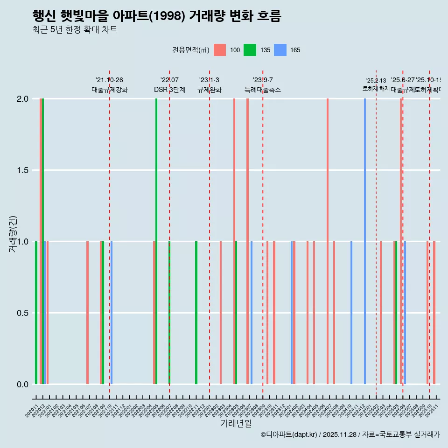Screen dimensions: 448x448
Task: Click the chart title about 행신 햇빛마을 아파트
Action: [157, 16]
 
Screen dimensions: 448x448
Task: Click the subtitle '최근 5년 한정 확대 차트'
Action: [75, 30]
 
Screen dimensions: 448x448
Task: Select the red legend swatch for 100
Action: [220, 50]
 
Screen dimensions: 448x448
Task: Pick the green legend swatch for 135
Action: [250, 50]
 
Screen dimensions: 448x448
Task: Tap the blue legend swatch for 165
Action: [280, 50]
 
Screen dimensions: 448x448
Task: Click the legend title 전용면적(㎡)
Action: [191, 50]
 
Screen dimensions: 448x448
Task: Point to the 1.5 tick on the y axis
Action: [22, 170]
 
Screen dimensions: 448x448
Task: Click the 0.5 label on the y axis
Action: [22, 313]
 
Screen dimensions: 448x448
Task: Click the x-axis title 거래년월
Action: [236, 424]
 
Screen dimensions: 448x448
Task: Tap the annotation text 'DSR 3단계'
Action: [170, 90]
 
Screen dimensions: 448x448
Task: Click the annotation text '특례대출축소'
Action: [263, 90]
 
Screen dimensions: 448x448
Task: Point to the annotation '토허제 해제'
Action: [376, 89]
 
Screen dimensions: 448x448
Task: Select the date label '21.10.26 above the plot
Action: [109, 80]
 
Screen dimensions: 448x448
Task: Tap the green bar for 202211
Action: [196, 313]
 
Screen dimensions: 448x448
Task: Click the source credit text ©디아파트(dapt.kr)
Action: [289, 434]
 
